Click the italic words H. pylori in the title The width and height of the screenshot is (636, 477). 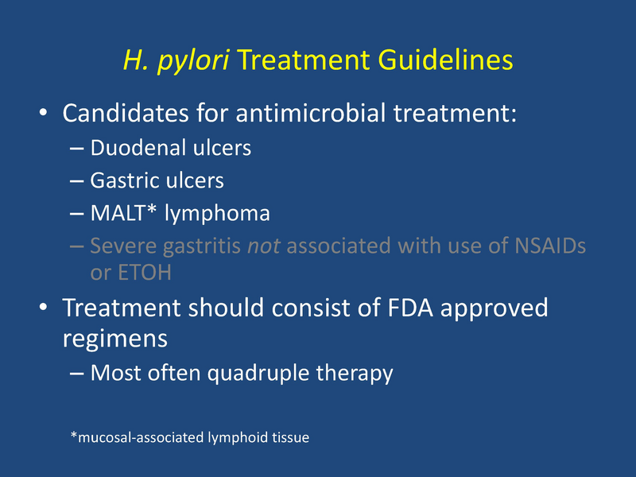176,61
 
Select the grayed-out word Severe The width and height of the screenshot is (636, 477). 120,246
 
